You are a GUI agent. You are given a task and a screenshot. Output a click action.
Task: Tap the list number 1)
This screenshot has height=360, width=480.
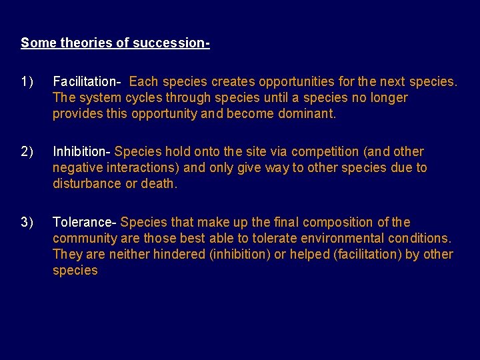pos(27,82)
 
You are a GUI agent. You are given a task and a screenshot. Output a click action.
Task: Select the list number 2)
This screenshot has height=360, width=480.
pos(27,152)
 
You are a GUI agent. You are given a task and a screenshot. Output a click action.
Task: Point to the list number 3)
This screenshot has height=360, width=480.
pos(27,222)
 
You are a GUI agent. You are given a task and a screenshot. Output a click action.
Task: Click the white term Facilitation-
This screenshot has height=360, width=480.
pos(87,82)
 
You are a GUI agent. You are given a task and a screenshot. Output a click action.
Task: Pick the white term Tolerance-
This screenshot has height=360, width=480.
pos(85,222)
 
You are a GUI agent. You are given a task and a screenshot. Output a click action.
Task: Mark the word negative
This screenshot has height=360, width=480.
pos(79,168)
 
